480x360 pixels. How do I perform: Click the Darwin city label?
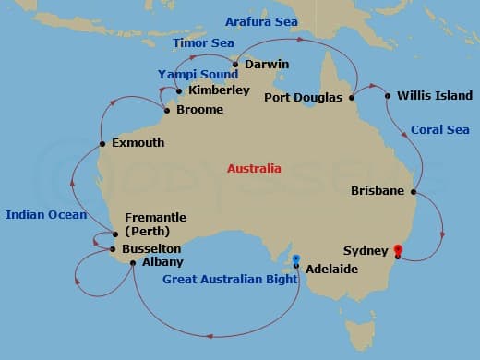[268, 65]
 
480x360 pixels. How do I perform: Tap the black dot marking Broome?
[166, 111]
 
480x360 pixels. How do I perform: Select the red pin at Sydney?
[398, 249]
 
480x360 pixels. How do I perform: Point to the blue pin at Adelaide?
[296, 258]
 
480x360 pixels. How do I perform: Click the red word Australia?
[254, 169]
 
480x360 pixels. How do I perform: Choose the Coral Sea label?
[434, 130]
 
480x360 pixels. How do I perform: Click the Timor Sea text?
[204, 42]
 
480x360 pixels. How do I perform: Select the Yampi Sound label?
[198, 74]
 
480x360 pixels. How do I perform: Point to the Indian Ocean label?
[46, 215]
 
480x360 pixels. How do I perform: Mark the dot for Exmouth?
[102, 144]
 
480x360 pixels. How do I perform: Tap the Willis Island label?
[434, 95]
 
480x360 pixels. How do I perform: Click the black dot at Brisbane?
[414, 192]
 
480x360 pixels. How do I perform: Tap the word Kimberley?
[218, 90]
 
